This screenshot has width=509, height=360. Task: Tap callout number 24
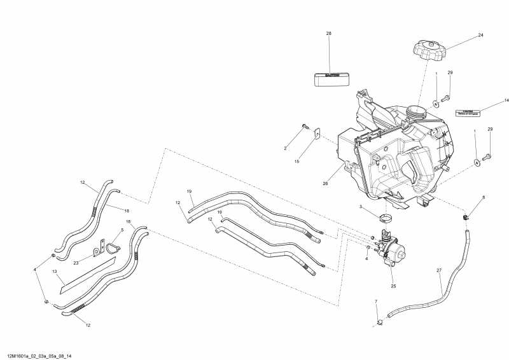click(x=481, y=35)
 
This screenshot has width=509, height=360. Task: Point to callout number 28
click(x=329, y=33)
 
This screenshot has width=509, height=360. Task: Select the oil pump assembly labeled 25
click(x=391, y=251)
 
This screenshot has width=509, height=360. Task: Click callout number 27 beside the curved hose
click(x=438, y=271)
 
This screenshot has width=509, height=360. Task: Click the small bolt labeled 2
click(x=307, y=127)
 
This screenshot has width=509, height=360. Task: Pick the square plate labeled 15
click(x=316, y=134)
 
